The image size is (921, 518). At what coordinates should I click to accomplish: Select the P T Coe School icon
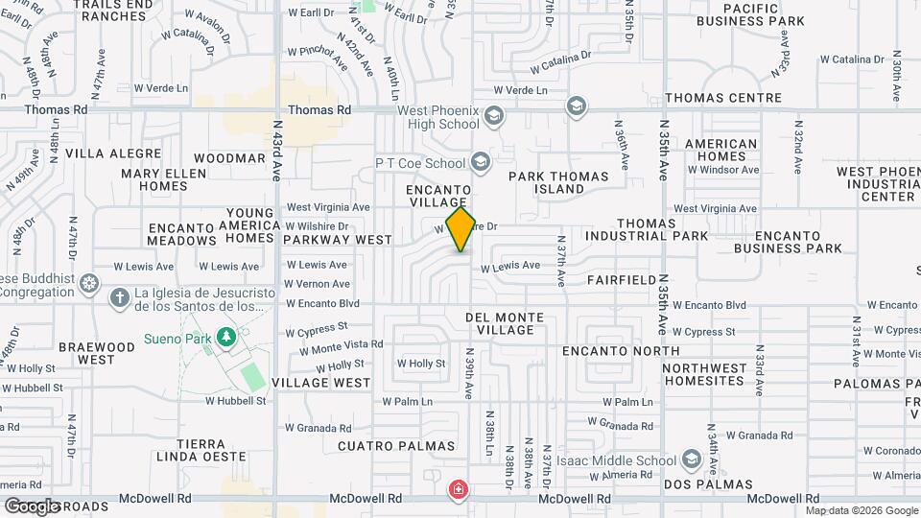[x=481, y=161]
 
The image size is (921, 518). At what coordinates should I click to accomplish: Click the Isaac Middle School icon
[x=691, y=460]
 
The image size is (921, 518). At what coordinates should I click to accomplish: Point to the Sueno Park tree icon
[x=226, y=338]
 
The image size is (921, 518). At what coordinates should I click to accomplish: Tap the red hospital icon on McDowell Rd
[x=459, y=490]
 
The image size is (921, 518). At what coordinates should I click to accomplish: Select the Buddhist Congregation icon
[x=90, y=284]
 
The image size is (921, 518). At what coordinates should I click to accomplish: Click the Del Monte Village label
[x=505, y=323]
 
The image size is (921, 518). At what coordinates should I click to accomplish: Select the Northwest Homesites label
[x=717, y=375]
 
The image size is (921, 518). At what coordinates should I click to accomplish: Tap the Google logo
[x=31, y=506]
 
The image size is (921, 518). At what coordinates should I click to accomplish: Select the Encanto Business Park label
[x=788, y=241]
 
